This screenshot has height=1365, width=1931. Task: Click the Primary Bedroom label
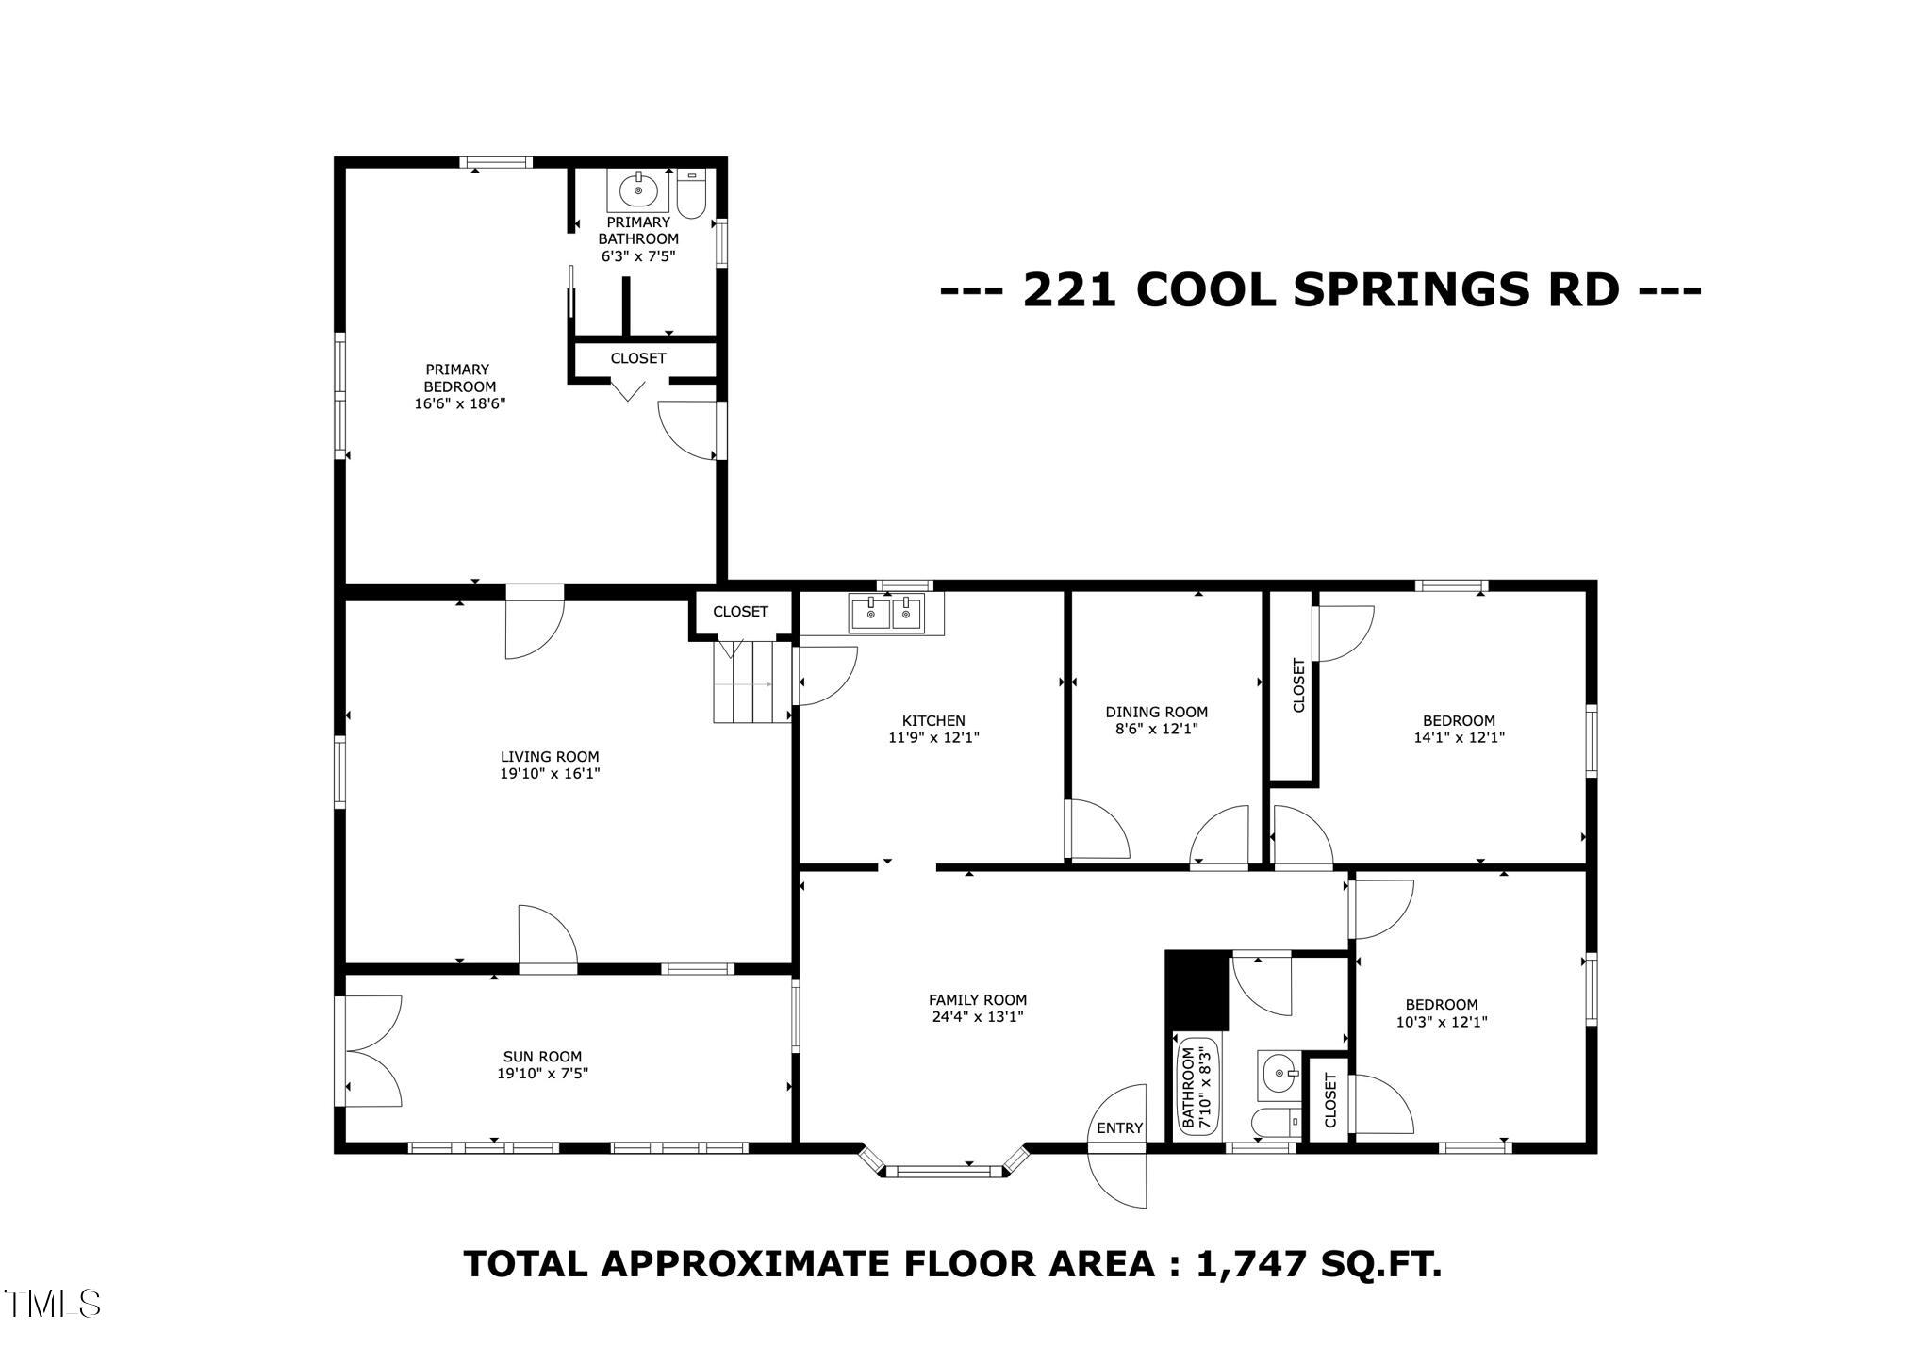pos(457,378)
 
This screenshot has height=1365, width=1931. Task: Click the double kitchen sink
pos(886,614)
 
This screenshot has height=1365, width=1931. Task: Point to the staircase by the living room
pos(751,681)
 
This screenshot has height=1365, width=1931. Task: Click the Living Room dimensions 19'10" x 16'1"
pos(550,773)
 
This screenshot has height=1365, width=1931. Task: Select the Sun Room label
pos(542,1057)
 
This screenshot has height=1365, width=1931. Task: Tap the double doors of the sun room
pos(370,1050)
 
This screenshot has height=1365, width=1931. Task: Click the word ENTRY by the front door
pos(1119,1128)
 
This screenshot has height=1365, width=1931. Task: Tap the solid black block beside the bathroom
pos(1197,990)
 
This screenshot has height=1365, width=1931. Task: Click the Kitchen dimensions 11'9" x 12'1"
pos(933,738)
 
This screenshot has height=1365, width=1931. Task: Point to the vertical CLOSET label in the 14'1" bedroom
pos(1298,685)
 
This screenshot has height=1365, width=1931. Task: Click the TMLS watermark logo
pos(53,1304)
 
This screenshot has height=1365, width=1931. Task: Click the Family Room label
pos(977,1000)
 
